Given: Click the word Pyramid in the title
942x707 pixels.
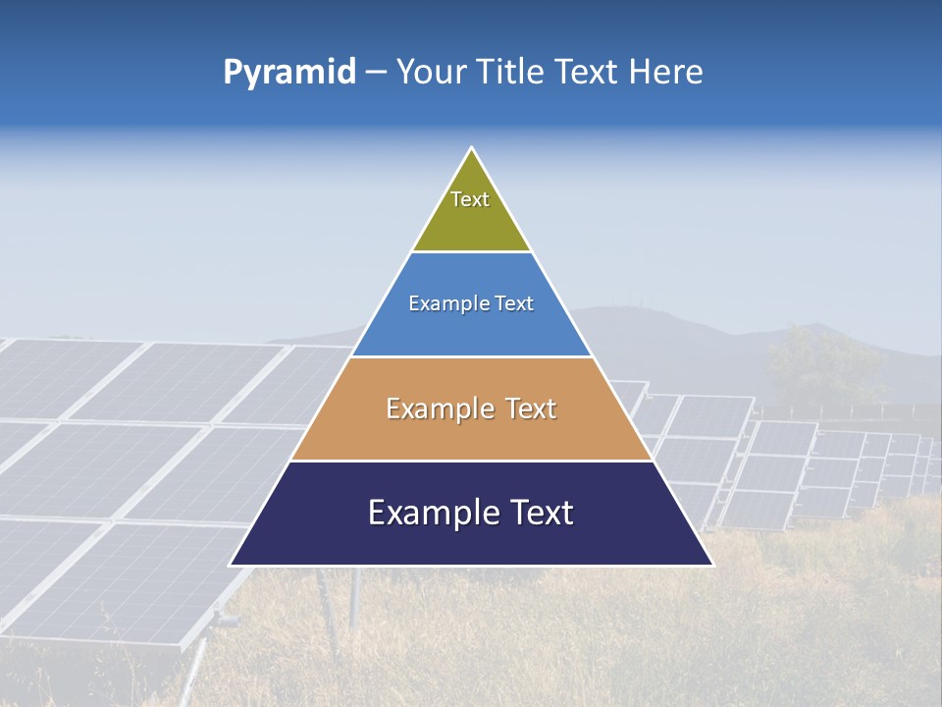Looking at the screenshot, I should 288,73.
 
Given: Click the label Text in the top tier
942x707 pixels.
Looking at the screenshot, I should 470,199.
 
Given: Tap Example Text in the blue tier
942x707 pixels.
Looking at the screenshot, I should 471,303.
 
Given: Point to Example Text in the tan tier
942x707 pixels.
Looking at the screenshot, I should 471,408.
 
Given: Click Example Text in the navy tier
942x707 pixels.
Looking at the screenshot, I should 471,513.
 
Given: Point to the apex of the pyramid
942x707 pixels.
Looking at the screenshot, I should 472,149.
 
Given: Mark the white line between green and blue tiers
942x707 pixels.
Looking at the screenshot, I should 472,252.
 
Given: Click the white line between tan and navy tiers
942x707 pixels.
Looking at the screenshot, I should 472,461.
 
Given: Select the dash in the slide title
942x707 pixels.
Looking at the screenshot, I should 376,73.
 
